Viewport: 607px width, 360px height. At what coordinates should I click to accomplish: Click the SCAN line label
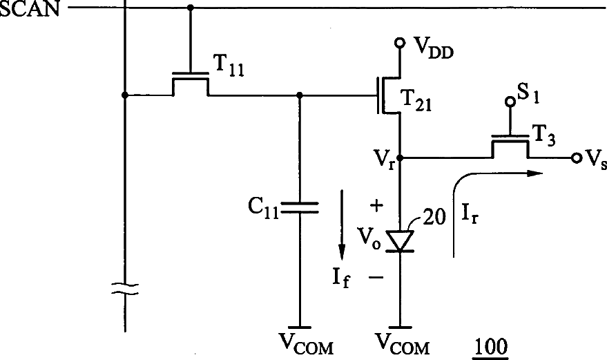coord(30,8)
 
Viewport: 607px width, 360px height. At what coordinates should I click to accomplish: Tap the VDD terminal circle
coord(401,42)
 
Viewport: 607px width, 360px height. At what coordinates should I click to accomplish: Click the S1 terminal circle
coord(510,102)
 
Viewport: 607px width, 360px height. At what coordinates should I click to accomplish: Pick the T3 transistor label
coord(545,135)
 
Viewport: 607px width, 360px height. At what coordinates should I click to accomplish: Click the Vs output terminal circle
coord(577,158)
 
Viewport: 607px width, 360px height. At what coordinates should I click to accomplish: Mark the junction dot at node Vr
coord(401,158)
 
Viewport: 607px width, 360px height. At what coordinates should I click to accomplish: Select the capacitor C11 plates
coord(300,207)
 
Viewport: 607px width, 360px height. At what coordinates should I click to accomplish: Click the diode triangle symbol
coord(401,241)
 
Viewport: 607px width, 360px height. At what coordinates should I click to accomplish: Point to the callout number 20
coord(434,217)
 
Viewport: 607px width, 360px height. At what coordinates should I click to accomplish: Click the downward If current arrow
coord(341,225)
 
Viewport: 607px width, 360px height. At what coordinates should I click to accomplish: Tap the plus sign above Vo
coord(376,206)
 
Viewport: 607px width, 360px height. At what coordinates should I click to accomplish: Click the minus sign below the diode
coord(376,277)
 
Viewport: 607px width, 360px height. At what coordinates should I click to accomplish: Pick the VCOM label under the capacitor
coord(306,343)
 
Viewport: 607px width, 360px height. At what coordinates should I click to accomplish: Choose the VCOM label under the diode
coord(403,343)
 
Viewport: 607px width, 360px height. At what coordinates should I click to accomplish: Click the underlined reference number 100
coord(490,348)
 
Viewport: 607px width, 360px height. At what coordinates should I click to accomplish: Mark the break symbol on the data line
coord(125,289)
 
